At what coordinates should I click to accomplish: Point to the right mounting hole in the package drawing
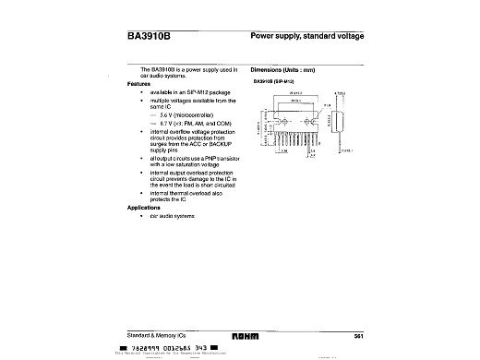point(307,122)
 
